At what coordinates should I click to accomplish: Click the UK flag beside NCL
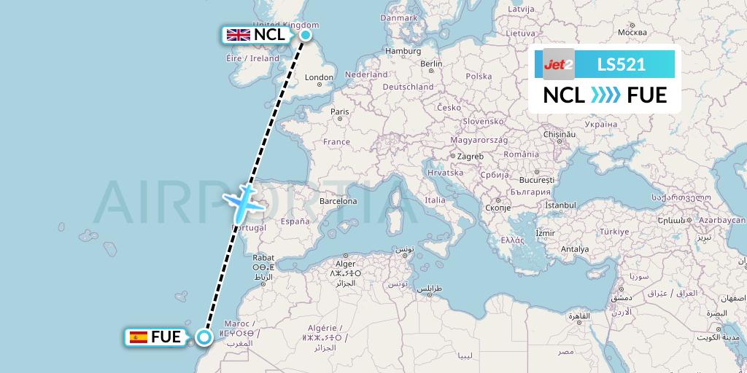238,34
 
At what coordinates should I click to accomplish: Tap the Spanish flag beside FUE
138,337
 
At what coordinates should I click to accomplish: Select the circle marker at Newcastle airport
306,34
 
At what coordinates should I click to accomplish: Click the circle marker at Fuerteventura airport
204,337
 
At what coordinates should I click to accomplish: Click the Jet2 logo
559,64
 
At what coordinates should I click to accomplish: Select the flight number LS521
621,64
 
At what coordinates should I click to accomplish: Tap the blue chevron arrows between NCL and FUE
605,95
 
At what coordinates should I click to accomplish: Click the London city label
319,77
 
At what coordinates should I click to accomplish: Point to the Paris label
339,111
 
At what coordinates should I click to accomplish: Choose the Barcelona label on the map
338,200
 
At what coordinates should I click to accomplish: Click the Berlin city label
431,63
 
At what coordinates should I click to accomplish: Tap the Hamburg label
403,51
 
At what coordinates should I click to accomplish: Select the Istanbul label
560,205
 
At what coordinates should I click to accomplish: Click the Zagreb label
471,156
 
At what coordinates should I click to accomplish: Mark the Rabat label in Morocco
263,257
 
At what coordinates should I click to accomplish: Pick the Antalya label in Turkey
575,249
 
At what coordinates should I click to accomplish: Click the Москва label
632,32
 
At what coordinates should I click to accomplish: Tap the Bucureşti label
538,179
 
